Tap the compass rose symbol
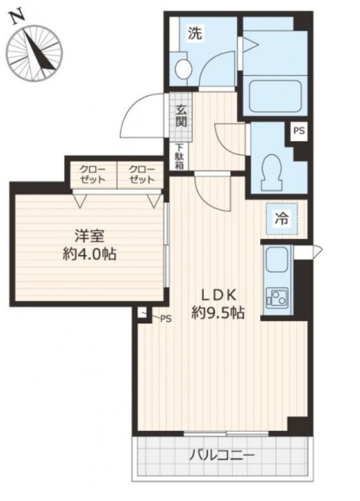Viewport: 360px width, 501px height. [x=34, y=54]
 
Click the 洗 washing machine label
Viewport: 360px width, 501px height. [x=195, y=33]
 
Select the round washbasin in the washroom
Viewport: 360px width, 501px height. [x=183, y=68]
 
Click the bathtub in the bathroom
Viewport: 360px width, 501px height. [x=275, y=96]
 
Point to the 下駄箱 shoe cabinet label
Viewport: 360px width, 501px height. [x=179, y=156]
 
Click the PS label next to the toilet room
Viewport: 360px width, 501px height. [x=299, y=130]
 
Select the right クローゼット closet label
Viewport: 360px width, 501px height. [x=142, y=174]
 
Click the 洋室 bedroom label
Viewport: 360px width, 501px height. [x=90, y=236]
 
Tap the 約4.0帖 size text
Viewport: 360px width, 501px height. [x=90, y=254]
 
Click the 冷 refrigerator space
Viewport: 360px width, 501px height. [x=281, y=219]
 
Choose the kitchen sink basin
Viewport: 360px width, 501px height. [x=277, y=260]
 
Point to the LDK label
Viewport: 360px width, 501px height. [x=218, y=295]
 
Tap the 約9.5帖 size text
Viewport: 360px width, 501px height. [x=218, y=313]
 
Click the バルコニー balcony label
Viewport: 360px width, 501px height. [x=223, y=455]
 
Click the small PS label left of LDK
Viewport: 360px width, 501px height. [x=166, y=318]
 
